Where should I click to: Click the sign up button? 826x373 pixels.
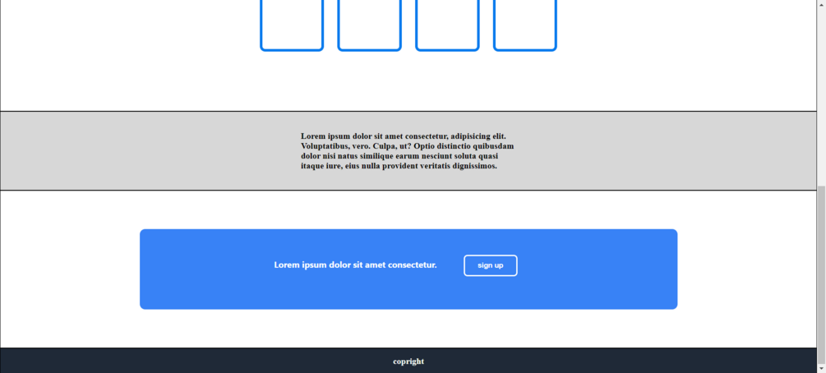pyautogui.click(x=491, y=265)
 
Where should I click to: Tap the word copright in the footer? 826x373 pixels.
pyautogui.click(x=408, y=361)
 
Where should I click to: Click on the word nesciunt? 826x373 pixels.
pyautogui.click(x=433, y=156)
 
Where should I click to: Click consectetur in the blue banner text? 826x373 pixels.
pyautogui.click(x=413, y=265)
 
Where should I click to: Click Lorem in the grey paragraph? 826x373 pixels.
pyautogui.click(x=312, y=136)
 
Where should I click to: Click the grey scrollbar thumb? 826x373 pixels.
pyautogui.click(x=821, y=274)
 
